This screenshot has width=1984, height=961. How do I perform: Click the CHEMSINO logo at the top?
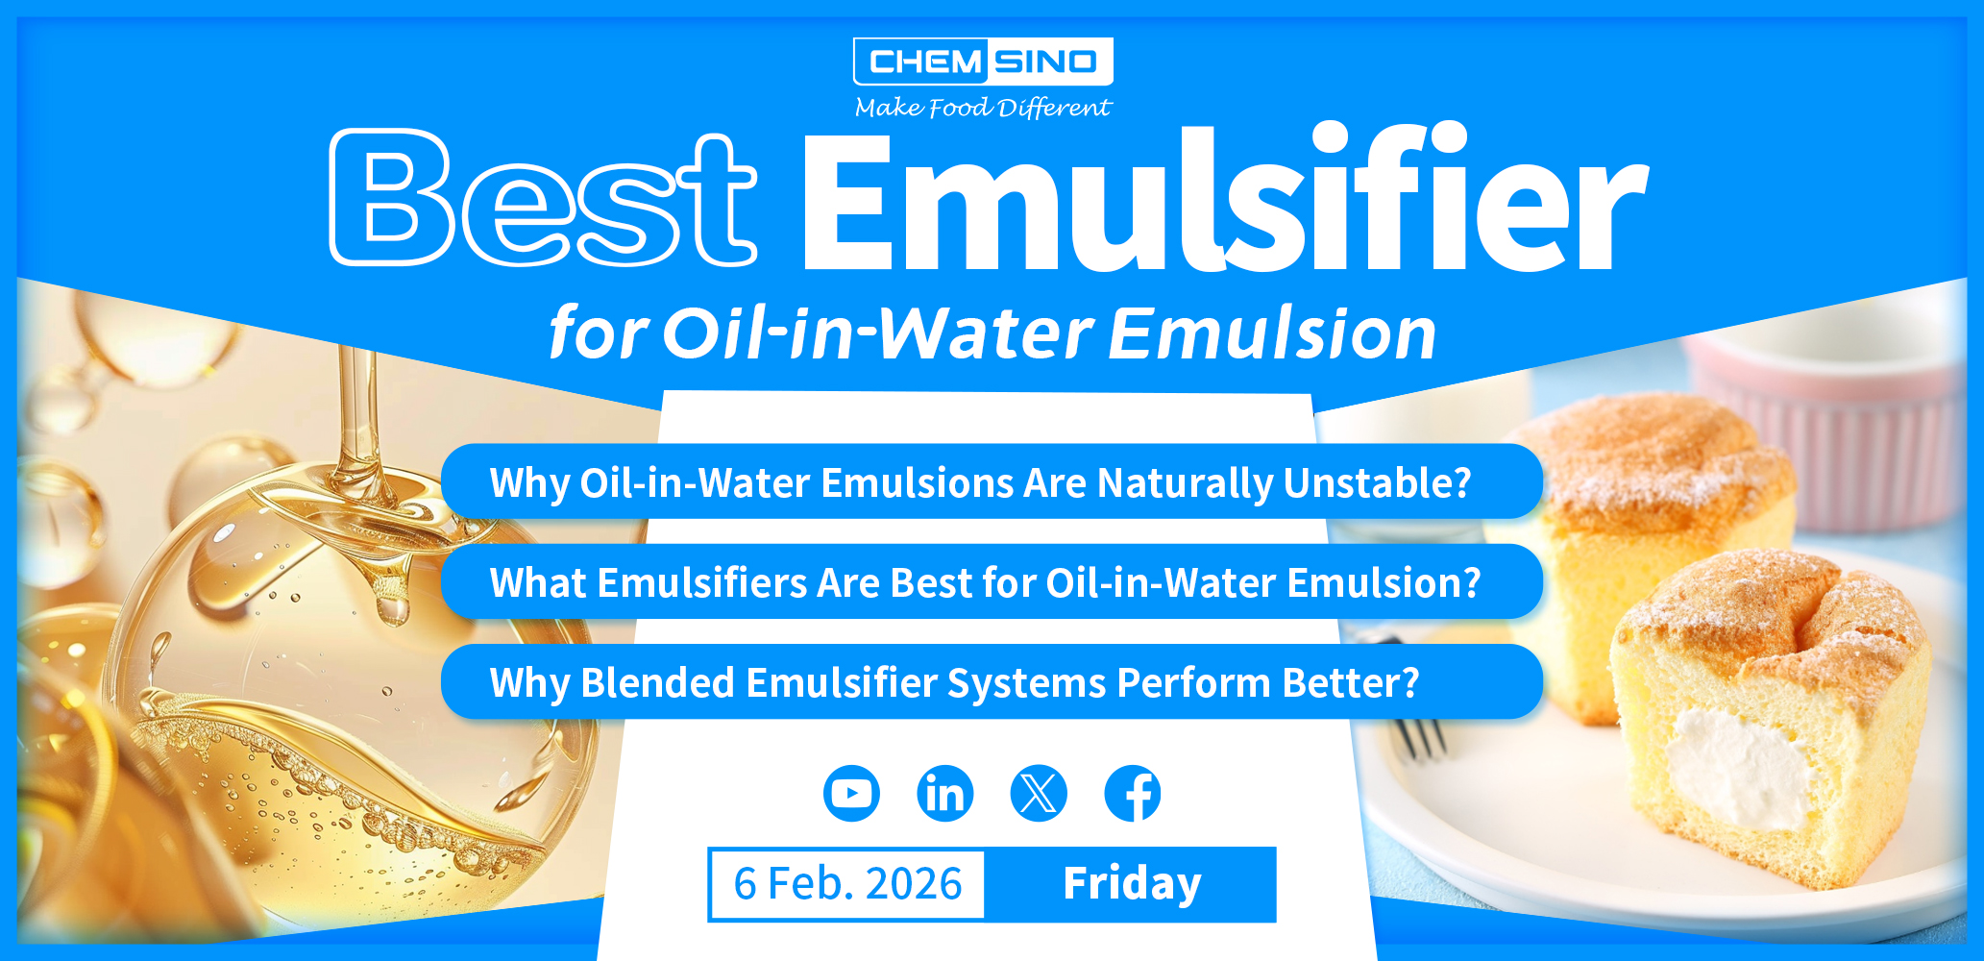pyautogui.click(x=983, y=62)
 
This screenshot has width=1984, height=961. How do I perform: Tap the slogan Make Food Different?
pyautogui.click(x=983, y=108)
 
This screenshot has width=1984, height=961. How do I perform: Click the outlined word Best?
pyautogui.click(x=543, y=199)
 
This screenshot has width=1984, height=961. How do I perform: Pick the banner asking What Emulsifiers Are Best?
pyautogui.click(x=990, y=582)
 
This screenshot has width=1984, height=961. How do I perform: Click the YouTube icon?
pyautogui.click(x=851, y=794)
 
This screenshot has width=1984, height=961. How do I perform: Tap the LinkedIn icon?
pyautogui.click(x=945, y=794)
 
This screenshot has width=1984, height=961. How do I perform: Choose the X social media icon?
pyautogui.click(x=1039, y=794)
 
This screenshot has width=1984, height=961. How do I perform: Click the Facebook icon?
pyautogui.click(x=1133, y=794)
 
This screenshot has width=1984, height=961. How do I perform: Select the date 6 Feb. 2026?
pyautogui.click(x=847, y=884)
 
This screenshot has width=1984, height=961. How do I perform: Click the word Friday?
pyautogui.click(x=1132, y=884)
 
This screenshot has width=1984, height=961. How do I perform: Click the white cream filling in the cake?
pyautogui.click(x=1739, y=769)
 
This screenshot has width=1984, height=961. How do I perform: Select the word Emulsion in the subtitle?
pyautogui.click(x=1273, y=334)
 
